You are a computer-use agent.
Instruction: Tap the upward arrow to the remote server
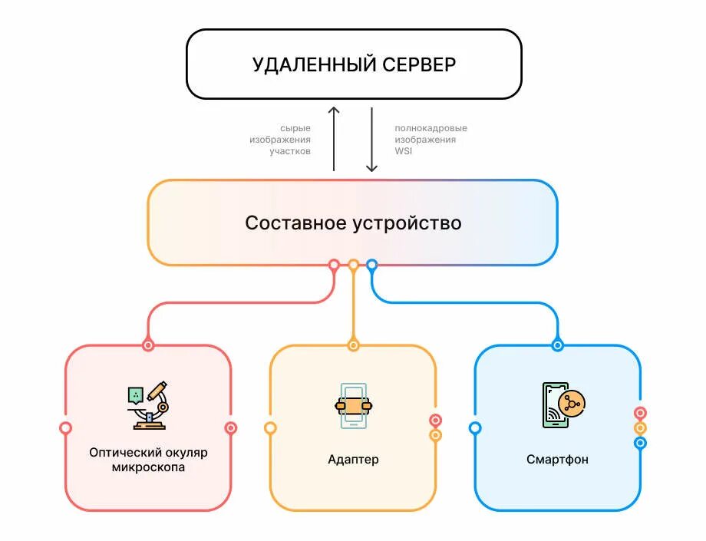(x=334, y=138)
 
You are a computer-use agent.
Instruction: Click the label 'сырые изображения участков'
(x=280, y=140)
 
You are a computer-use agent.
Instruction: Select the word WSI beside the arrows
(x=404, y=151)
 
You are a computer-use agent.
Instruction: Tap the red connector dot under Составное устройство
(x=334, y=266)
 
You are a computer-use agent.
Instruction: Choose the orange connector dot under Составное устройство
(x=353, y=266)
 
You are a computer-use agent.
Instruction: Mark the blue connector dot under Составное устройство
(x=372, y=266)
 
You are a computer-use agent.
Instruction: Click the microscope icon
(x=147, y=404)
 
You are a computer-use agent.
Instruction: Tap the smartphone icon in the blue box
(x=563, y=404)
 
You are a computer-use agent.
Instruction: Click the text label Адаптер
(x=353, y=460)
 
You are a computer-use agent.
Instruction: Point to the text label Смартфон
(x=558, y=460)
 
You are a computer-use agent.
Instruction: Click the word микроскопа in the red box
(x=148, y=467)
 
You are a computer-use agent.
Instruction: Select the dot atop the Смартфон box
(x=558, y=345)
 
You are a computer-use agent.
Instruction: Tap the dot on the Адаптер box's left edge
(x=270, y=428)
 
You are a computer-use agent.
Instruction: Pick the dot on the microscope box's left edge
(x=66, y=428)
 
